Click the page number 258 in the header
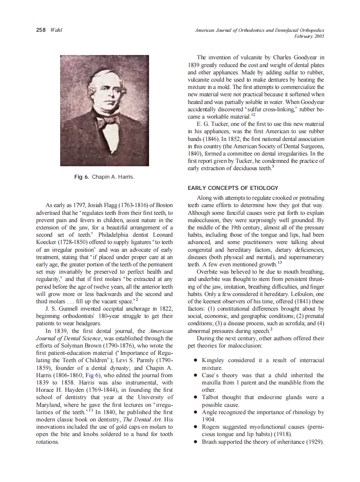tap(41, 30)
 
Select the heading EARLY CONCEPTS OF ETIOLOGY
tap(233, 188)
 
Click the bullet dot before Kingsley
tap(195, 360)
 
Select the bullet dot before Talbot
tap(195, 397)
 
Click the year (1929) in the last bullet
tap(314, 442)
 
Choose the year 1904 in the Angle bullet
tap(208, 419)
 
